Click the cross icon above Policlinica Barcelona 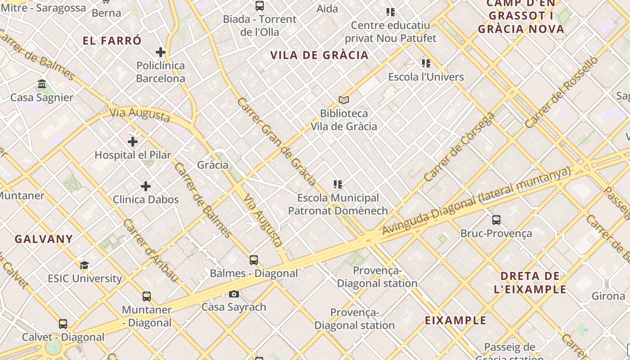[x=161, y=52]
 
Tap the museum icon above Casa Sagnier [x=42, y=84]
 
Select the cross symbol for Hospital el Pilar [x=133, y=142]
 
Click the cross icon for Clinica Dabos [x=146, y=186]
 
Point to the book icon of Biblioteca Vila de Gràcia [x=344, y=100]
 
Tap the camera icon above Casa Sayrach [x=234, y=294]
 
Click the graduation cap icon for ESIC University [x=84, y=265]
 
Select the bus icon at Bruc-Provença [x=496, y=220]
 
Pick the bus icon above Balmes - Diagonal [x=254, y=260]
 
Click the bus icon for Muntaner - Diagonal [x=147, y=297]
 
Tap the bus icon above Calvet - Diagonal [x=63, y=324]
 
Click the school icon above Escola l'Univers [x=426, y=63]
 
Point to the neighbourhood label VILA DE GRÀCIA [x=319, y=55]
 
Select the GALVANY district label [x=44, y=239]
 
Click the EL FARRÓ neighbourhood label [x=112, y=40]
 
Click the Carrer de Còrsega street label [x=459, y=147]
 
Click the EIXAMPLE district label [x=456, y=320]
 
